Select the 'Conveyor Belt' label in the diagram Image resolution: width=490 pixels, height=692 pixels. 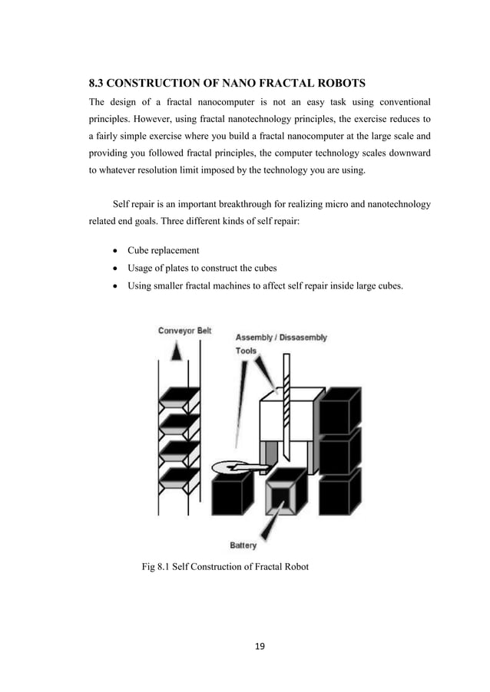pyautogui.click(x=184, y=331)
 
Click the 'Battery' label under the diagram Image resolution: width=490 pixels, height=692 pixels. pyautogui.click(x=243, y=545)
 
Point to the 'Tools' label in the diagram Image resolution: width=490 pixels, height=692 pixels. pyautogui.click(x=247, y=351)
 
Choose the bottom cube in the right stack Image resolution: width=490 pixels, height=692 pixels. pyautogui.click(x=339, y=491)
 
